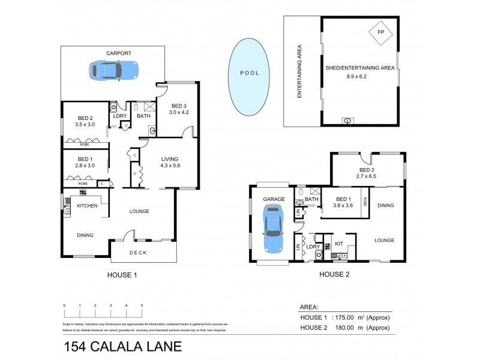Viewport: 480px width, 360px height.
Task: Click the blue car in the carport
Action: click(114, 70)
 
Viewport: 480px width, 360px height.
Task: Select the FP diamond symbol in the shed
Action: click(380, 32)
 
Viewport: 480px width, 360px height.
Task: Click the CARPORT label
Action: click(119, 53)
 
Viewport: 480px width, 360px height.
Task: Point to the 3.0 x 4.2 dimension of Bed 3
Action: click(178, 112)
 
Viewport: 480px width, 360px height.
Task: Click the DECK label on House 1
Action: click(139, 253)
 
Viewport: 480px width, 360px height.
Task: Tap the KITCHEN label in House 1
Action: click(88, 206)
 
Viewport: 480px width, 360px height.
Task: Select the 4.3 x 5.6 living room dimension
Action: click(170, 167)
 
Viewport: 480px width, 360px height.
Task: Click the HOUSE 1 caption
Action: click(122, 275)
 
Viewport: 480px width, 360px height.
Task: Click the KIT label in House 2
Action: click(338, 244)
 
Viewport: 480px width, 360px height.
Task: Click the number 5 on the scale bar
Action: click(142, 306)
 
